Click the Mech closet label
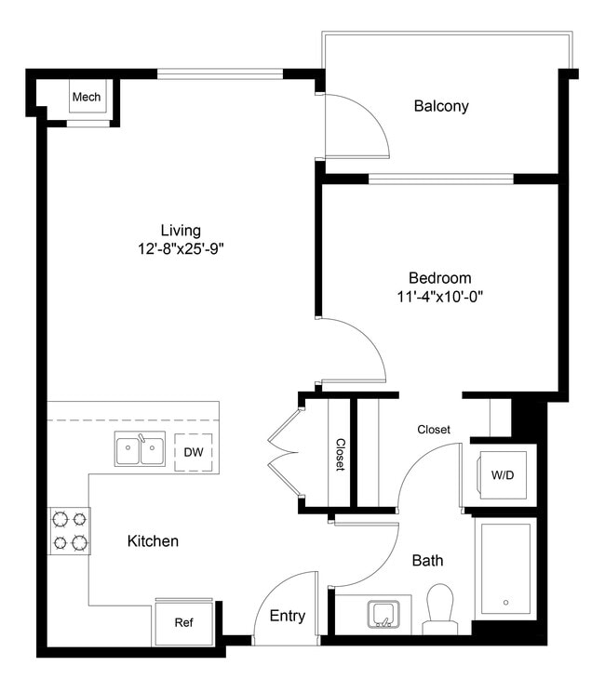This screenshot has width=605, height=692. click(87, 97)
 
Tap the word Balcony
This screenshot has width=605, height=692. click(440, 106)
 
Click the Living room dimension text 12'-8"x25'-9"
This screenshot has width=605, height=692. click(181, 248)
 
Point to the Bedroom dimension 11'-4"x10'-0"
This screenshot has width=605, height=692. click(439, 297)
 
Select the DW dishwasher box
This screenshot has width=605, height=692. click(193, 452)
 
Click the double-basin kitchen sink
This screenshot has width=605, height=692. click(140, 450)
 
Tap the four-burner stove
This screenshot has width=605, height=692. click(69, 530)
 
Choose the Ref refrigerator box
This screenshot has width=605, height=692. click(184, 622)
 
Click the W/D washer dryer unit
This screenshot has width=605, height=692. click(500, 475)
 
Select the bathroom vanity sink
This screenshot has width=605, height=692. click(383, 614)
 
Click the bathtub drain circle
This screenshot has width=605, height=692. click(505, 602)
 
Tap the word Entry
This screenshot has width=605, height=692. click(288, 616)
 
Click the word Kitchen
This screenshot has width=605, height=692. click(153, 540)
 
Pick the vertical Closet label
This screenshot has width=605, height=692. click(341, 455)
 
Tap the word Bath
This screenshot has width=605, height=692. click(427, 561)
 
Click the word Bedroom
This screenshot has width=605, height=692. click(439, 277)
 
